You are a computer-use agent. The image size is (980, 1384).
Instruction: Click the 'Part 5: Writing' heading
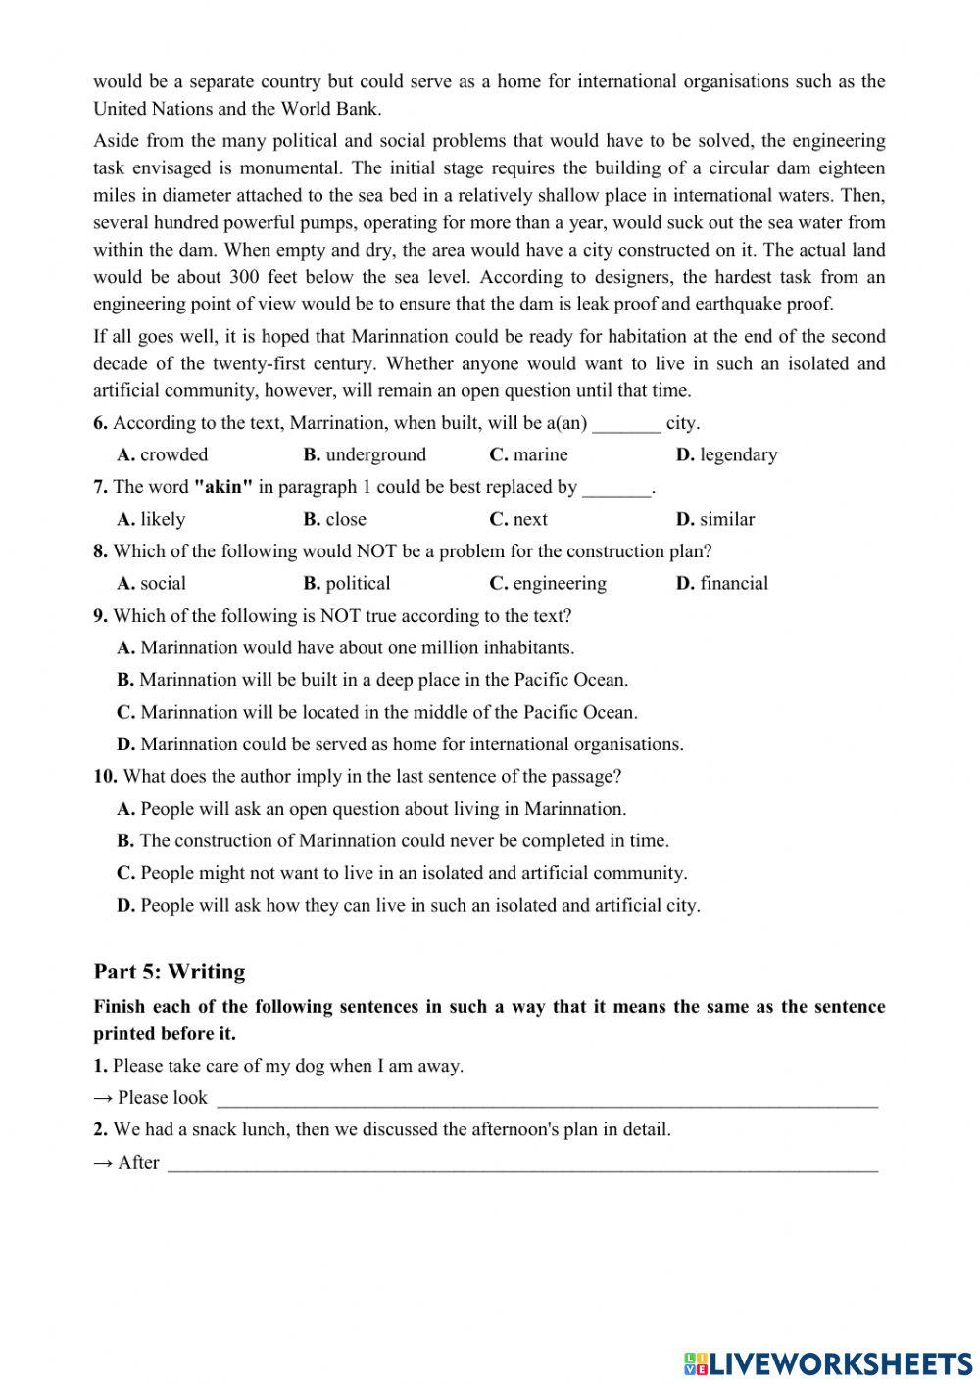pyautogui.click(x=170, y=972)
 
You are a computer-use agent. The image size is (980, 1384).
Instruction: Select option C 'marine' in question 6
pyautogui.click(x=528, y=454)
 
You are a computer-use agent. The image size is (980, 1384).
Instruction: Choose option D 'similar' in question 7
pyautogui.click(x=715, y=519)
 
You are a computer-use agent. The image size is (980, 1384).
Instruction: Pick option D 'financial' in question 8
pyautogui.click(x=722, y=584)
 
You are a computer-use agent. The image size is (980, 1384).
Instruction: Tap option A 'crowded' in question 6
pyautogui.click(x=163, y=454)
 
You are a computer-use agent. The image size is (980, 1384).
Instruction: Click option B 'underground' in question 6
pyautogui.click(x=365, y=454)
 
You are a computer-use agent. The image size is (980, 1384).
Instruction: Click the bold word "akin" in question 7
pyautogui.click(x=224, y=487)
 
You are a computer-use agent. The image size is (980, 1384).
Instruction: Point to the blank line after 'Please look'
pyautogui.click(x=546, y=1099)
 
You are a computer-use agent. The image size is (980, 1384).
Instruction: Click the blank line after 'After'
pyautogui.click(x=522, y=1164)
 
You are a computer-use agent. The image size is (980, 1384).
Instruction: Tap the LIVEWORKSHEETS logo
pyautogui.click(x=828, y=1362)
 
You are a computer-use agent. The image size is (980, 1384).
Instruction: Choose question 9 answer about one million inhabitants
pyautogui.click(x=346, y=648)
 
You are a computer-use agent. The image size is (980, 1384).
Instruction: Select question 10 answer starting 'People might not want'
pyautogui.click(x=402, y=873)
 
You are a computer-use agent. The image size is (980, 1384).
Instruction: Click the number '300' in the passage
pyautogui.click(x=245, y=277)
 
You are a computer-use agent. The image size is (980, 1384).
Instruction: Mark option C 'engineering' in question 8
pyautogui.click(x=548, y=584)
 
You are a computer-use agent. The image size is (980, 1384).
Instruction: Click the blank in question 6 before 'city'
pyautogui.click(x=627, y=424)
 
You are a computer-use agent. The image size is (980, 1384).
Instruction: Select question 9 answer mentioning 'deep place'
pyautogui.click(x=372, y=680)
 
